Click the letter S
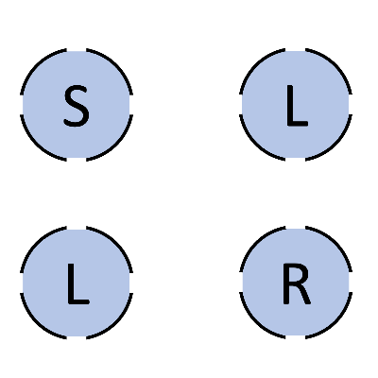coord(77,106)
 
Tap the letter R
coord(297,284)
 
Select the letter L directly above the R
coord(297,106)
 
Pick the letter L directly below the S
coord(78,284)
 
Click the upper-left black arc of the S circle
coord(37,65)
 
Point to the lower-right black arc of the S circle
coord(116,145)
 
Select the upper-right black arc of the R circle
coord(335,243)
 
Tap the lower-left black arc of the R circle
coord(256,322)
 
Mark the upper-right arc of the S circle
coord(116,65)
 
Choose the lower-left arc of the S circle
coord(37,145)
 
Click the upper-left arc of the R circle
coord(256,243)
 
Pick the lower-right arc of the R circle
coord(335,322)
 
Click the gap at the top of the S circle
coord(77,50)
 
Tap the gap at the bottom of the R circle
coord(296,337)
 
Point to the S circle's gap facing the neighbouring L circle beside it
coord(131,105)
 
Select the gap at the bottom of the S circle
coord(77,160)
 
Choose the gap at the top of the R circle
coord(296,228)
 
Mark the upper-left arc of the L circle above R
coord(256,65)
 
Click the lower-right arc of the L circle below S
coord(116,322)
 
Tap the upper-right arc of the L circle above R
coord(335,65)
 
